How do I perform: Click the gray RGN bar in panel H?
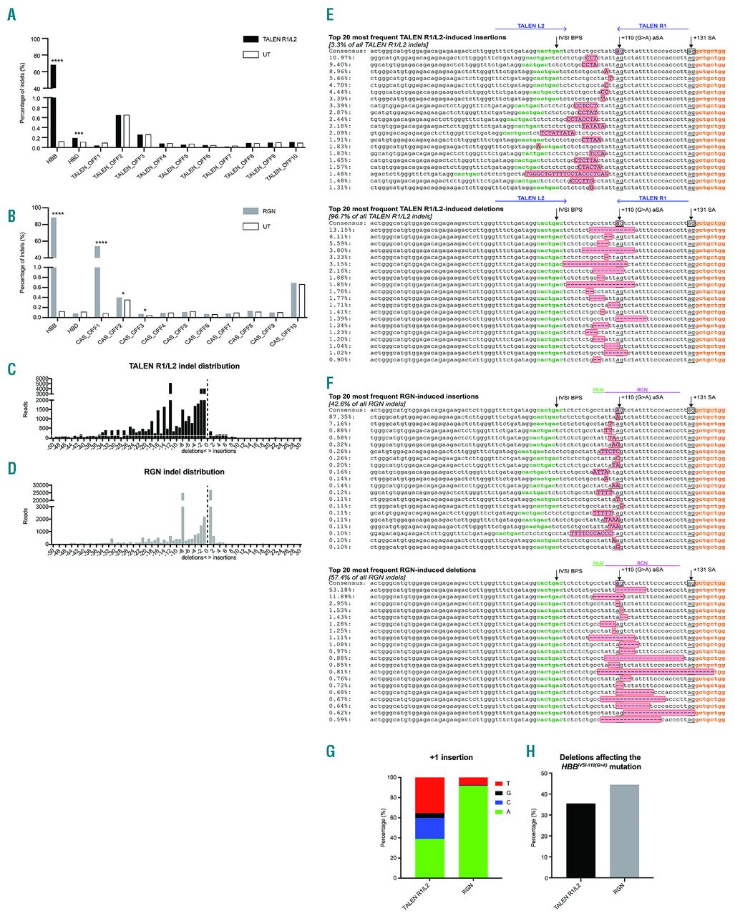(624, 831)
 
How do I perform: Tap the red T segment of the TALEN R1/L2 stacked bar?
(429, 794)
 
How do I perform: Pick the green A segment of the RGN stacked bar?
(472, 831)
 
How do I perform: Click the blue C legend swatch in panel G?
(499, 802)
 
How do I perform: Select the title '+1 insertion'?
(452, 757)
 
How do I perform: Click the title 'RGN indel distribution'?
(184, 472)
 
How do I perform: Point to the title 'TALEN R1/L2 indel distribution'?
(184, 366)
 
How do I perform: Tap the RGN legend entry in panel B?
(269, 212)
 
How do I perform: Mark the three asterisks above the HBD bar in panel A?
(79, 134)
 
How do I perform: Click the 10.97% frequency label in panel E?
(340, 57)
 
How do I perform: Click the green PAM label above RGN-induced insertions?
(598, 391)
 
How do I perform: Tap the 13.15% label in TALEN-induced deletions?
(340, 230)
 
